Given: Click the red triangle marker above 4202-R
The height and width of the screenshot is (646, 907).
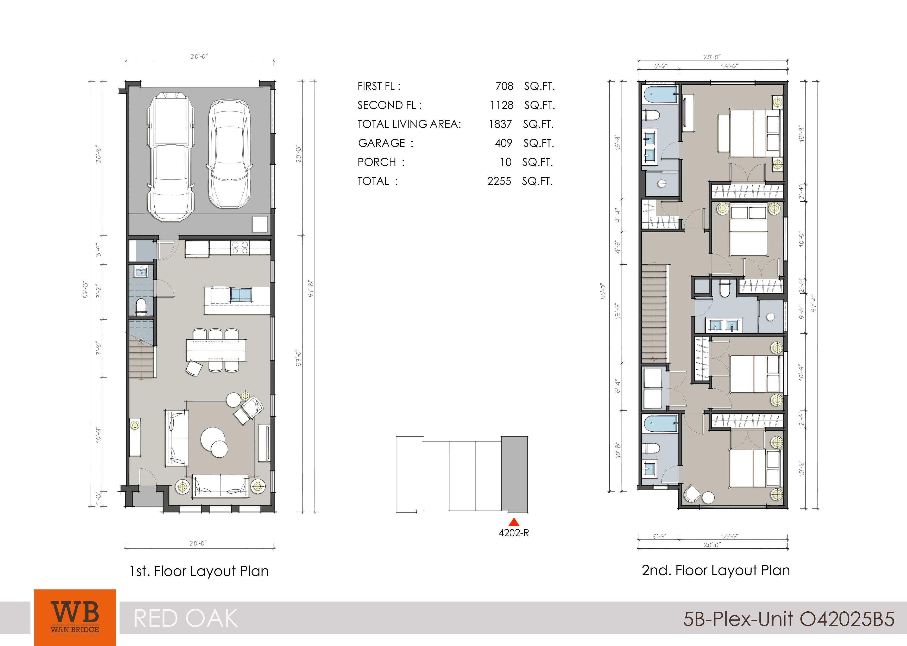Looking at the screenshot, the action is coord(514,522).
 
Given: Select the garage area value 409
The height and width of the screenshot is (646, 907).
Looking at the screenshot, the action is coord(503,143).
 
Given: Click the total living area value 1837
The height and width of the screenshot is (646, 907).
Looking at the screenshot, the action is coord(500,124).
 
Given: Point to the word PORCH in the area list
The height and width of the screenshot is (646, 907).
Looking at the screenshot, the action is coord(377,162).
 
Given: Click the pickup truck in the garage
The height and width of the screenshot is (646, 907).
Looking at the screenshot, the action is coord(171,157).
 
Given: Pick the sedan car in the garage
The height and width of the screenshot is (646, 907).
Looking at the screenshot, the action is coord(230,154).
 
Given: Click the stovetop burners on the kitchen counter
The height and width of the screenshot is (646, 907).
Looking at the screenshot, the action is coord(240,247).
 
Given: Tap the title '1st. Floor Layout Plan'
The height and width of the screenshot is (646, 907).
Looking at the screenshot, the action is coord(199,571).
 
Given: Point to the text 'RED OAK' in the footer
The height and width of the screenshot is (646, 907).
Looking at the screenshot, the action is coord(186,619).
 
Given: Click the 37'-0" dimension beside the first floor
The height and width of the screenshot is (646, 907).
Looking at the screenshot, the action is coord(299,358).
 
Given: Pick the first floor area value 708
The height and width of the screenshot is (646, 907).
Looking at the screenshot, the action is coord(504,86).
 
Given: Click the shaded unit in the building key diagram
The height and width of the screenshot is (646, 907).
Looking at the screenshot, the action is coord(514,474).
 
